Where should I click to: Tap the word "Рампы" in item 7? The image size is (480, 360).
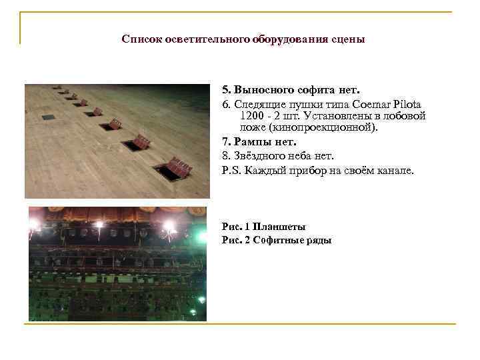pyautogui.click(x=250, y=142)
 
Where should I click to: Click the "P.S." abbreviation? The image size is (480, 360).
pyautogui.click(x=231, y=170)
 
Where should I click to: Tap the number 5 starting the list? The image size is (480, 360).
pyautogui.click(x=225, y=89)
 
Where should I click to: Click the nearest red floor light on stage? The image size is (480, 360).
pyautogui.click(x=178, y=165)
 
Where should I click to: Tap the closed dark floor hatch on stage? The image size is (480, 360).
pyautogui.click(x=48, y=117)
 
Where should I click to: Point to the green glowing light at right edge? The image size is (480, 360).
pyautogui.click(x=202, y=235)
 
